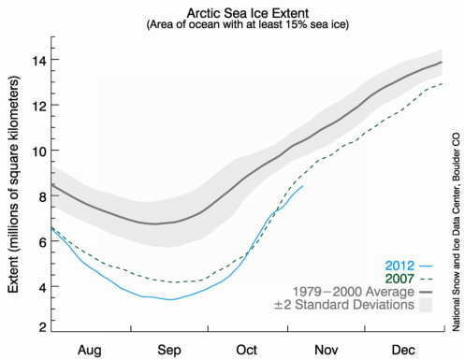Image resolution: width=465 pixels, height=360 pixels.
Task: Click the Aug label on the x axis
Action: click(x=91, y=347)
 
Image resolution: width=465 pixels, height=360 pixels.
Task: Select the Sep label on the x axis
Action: click(x=169, y=347)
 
